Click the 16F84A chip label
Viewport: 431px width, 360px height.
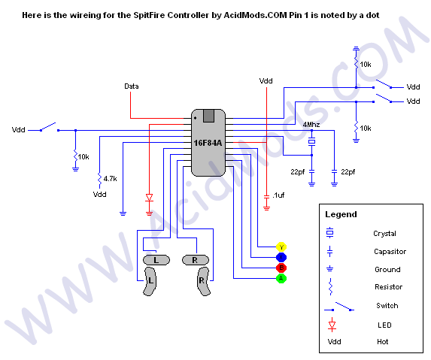[208, 143]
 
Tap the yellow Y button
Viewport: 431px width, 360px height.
[281, 247]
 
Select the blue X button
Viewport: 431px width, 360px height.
[281, 257]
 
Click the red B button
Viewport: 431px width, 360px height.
[281, 268]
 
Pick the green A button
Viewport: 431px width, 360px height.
[281, 278]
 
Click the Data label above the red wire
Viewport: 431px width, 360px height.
[132, 86]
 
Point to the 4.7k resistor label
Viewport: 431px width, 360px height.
[111, 179]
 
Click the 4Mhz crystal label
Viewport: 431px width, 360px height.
[311, 125]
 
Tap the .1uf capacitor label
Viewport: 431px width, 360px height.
[278, 195]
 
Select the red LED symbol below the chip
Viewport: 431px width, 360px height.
[149, 198]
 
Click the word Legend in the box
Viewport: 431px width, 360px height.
[341, 214]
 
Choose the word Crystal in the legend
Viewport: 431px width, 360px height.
[384, 234]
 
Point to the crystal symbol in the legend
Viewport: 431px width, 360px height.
[330, 232]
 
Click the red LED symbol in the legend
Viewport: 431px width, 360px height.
[332, 325]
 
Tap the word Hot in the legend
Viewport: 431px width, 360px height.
[383, 342]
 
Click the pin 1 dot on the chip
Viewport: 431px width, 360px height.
[195, 118]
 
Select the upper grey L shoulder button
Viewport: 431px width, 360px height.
[156, 260]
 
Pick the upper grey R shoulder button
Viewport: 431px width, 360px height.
[196, 260]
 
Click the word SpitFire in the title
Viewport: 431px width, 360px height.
[150, 15]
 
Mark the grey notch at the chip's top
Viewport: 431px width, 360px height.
[208, 116]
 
